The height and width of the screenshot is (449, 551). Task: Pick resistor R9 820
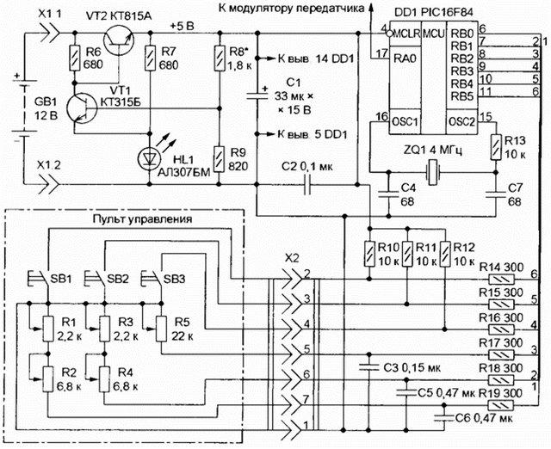point(217,157)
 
